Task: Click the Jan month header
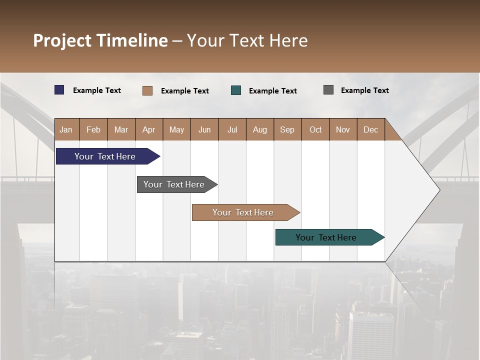(66, 129)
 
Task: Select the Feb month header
(93, 129)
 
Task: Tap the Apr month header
(148, 129)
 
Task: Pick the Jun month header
(204, 129)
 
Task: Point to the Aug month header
(259, 129)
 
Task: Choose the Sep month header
(287, 129)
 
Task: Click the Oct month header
(315, 129)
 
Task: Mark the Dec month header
(370, 129)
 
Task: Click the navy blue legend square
(59, 90)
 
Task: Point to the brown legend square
(147, 90)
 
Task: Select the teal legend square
(236, 90)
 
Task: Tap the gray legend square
(328, 90)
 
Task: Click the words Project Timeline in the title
(100, 40)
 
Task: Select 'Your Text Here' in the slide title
(247, 40)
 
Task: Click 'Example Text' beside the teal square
(273, 91)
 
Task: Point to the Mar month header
(121, 129)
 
